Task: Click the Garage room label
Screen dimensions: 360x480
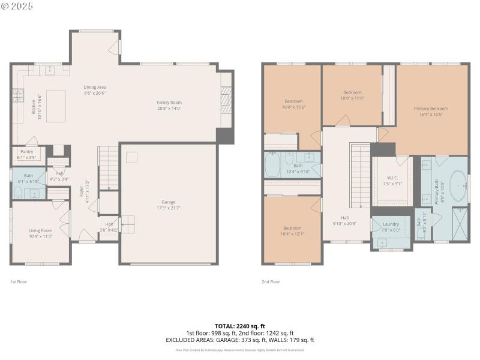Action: coord(168,202)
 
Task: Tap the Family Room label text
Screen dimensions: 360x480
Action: coord(169,103)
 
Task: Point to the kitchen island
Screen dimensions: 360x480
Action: coord(56,106)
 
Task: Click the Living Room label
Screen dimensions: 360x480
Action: coord(41,230)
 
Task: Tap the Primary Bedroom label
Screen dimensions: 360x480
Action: coord(431,109)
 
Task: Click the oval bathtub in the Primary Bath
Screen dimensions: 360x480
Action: coord(460,187)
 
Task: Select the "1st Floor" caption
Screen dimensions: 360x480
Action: coord(19,281)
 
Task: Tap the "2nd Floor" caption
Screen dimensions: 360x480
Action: coord(271,281)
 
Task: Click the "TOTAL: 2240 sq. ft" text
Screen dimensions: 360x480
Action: coord(240,325)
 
